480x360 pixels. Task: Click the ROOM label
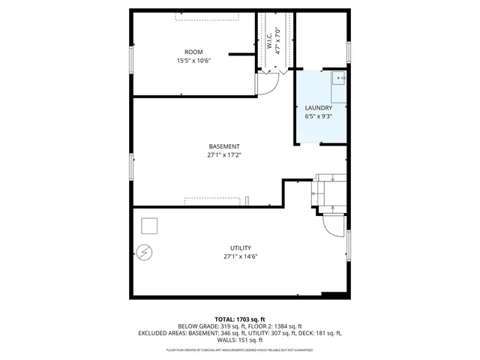(193, 52)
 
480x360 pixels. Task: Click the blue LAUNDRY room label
(319, 108)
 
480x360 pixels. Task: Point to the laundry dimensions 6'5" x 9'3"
(319, 117)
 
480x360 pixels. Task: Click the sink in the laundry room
(338, 77)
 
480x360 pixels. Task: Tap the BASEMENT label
(224, 146)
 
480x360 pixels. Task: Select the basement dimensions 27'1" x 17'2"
(224, 155)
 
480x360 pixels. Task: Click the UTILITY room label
(240, 247)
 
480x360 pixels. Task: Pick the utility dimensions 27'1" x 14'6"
(240, 256)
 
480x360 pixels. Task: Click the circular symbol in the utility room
(145, 253)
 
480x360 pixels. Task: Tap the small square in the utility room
(150, 226)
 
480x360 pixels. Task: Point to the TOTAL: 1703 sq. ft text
(240, 319)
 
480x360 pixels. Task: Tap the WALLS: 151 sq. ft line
(240, 340)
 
